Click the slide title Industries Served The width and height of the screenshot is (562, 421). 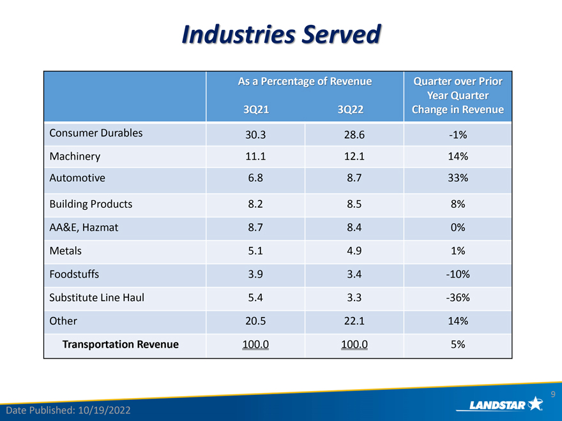(282, 34)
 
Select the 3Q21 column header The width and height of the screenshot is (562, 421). (256, 109)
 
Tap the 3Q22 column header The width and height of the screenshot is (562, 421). (350, 109)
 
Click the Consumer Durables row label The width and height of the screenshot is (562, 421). (96, 133)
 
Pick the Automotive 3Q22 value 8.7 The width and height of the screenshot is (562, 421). (354, 177)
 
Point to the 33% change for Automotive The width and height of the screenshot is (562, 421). (458, 177)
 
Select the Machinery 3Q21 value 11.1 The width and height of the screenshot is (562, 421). (255, 156)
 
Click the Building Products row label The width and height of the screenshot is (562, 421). (91, 203)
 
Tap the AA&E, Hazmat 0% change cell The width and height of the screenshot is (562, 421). (458, 227)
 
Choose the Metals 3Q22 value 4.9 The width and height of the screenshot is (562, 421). (354, 251)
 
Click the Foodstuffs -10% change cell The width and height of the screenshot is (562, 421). (458, 274)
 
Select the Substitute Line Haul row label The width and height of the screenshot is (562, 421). (97, 297)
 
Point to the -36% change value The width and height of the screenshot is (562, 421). (458, 297)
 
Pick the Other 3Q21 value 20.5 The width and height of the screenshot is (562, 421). (255, 321)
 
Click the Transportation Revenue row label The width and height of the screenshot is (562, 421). (121, 344)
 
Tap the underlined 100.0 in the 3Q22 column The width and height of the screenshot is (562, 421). (354, 344)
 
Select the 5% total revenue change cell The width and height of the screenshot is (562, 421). (458, 344)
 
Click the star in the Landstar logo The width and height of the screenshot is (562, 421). (535, 403)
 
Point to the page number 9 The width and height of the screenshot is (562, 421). (553, 394)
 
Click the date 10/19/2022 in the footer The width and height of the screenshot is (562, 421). (104, 410)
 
